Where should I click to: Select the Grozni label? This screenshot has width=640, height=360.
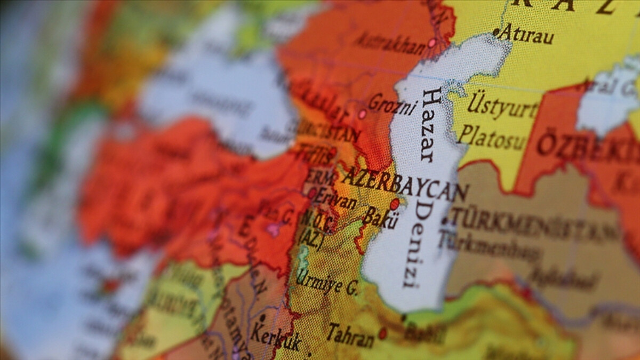coord(392,105)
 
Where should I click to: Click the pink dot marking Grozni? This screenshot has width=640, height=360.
coord(362,114)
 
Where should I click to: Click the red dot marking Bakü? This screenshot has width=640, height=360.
coord(394,204)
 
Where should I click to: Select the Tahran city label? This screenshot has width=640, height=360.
coord(350,335)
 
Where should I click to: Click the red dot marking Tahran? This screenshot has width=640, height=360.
coord(382,333)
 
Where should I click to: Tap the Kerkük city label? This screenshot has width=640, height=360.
coord(275,338)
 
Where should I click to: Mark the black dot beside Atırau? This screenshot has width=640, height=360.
coord(495,33)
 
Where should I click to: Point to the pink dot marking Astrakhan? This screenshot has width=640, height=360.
coord(432,43)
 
